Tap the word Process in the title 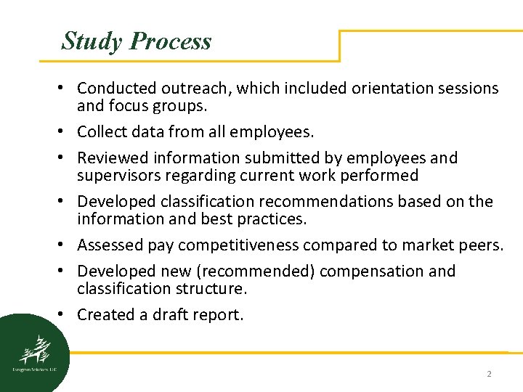(x=170, y=41)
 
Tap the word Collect (x=101, y=132)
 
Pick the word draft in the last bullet (x=174, y=315)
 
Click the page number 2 (x=489, y=374)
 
